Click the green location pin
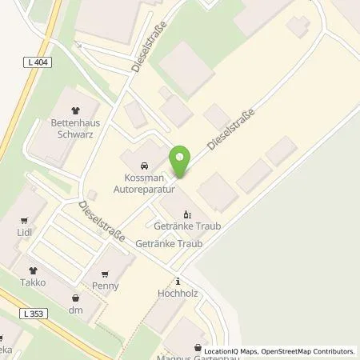(x=182, y=162)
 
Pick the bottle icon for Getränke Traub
(x=188, y=214)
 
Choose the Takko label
(x=33, y=283)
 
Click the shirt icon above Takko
(x=33, y=270)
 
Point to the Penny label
(x=106, y=286)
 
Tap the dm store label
(x=77, y=310)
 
